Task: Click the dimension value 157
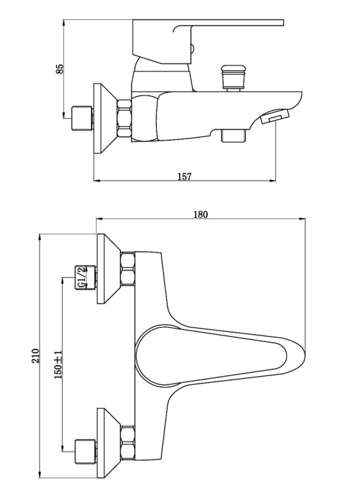184,176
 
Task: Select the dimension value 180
200,214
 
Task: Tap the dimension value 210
35,356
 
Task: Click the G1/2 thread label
81,277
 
